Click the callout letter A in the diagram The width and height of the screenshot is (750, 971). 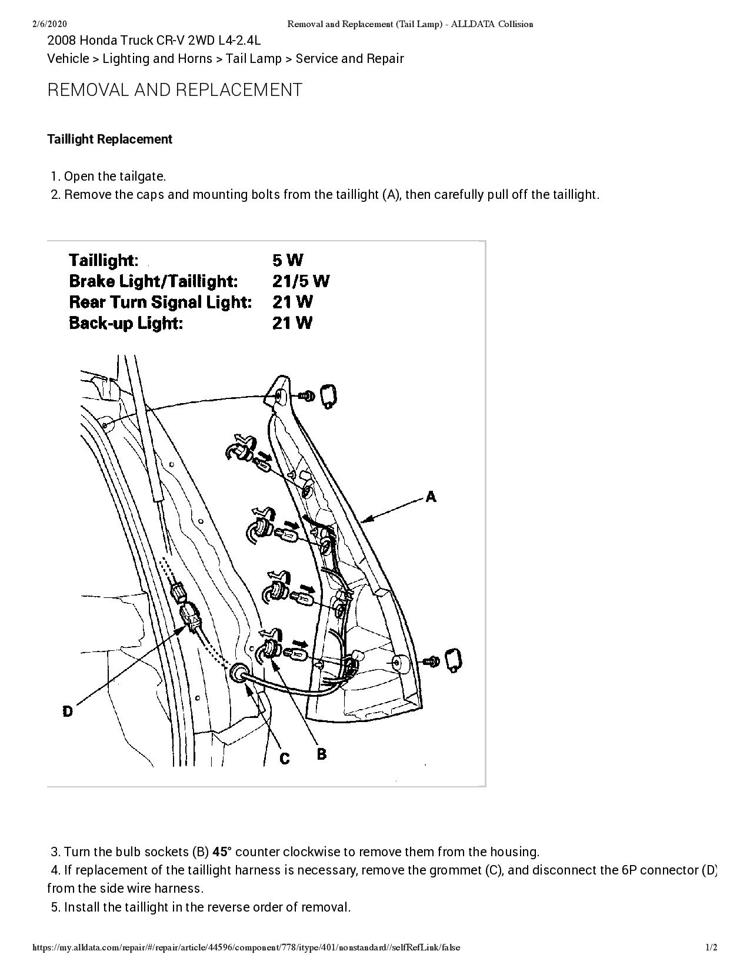(431, 497)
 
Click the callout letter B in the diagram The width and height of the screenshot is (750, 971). (322, 754)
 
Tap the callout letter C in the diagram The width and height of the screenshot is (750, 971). (285, 759)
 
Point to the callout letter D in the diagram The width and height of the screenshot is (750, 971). (68, 711)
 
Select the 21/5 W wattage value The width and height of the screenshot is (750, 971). (301, 281)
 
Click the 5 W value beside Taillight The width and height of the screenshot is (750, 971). (288, 260)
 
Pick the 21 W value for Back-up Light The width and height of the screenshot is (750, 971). (292, 323)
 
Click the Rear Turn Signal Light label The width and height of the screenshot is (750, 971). (160, 302)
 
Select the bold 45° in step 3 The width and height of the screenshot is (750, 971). (222, 852)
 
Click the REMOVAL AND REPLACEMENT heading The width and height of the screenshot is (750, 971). (175, 90)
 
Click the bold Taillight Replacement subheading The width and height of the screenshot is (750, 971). (109, 139)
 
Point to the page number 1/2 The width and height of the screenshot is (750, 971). (712, 947)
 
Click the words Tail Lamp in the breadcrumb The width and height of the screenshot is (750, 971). (254, 59)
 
